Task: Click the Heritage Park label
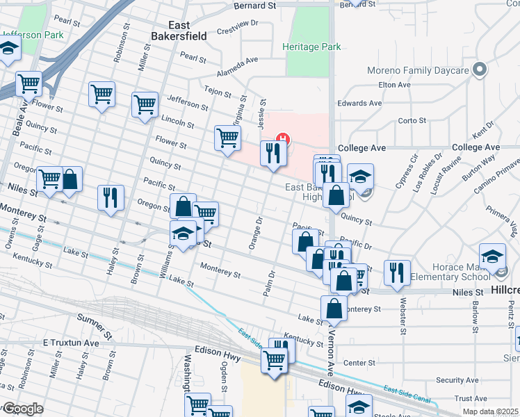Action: (x=312, y=47)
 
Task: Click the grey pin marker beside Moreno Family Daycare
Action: (x=478, y=69)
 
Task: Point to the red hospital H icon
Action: (x=283, y=138)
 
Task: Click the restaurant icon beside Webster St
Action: (x=397, y=272)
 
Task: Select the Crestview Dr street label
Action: (x=237, y=27)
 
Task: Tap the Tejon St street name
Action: (x=217, y=90)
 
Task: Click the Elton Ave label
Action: (x=393, y=85)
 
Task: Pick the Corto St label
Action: (x=412, y=120)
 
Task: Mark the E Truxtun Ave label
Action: (x=71, y=343)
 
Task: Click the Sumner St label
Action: (x=95, y=320)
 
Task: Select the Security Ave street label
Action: (x=459, y=380)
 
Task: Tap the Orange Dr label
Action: (x=254, y=234)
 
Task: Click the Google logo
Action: (x=23, y=409)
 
